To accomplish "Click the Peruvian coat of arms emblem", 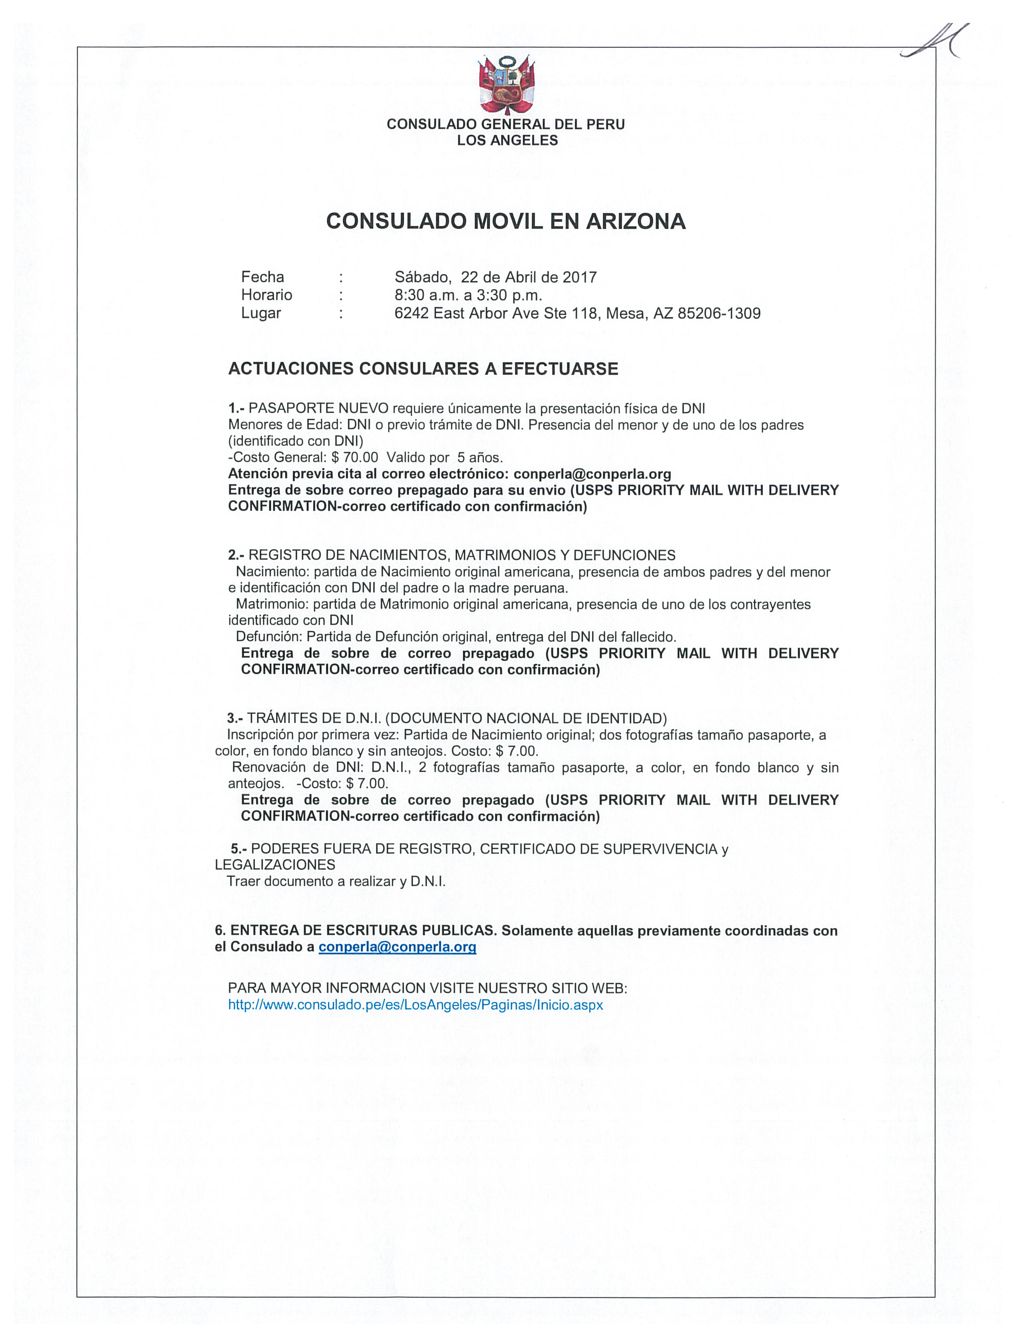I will [x=506, y=84].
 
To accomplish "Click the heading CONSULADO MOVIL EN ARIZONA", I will [x=506, y=221].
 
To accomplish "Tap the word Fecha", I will [x=262, y=277].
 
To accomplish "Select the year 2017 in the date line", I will [x=579, y=277].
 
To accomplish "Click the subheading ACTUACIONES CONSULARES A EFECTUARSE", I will [x=423, y=369].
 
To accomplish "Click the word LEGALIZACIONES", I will [x=275, y=864].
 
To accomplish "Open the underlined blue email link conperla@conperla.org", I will [x=397, y=947].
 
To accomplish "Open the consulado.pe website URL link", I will [x=416, y=1004].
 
